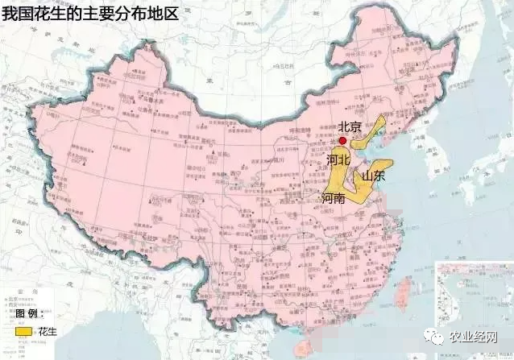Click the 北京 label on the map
[348, 126]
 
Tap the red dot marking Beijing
[343, 140]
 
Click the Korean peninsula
[439, 153]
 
